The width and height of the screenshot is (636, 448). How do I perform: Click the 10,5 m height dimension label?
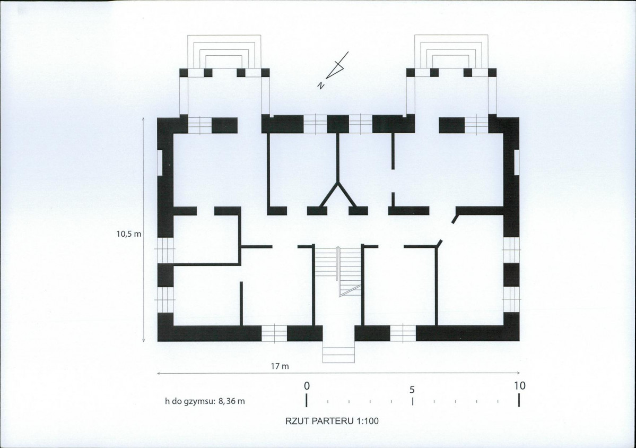(129, 233)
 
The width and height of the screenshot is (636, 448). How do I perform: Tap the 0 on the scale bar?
(306, 385)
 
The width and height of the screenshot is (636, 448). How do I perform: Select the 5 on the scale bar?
(412, 389)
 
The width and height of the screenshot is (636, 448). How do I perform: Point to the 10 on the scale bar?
(519, 385)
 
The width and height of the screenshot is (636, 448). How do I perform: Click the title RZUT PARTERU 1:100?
(332, 421)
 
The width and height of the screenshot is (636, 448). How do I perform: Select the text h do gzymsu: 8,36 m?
(205, 401)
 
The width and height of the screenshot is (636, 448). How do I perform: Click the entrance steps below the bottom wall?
(338, 355)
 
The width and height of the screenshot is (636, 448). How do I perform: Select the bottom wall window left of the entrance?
(274, 333)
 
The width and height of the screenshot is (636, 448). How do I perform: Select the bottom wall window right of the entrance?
(403, 333)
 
